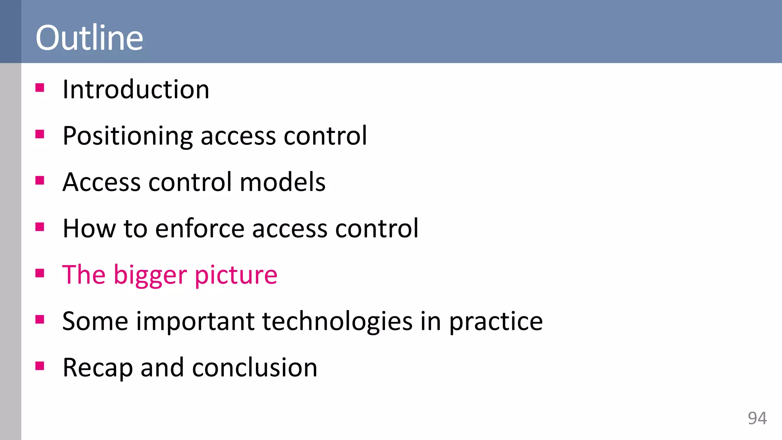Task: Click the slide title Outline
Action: [x=89, y=37]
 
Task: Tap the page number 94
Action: [x=757, y=418]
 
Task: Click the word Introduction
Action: [x=136, y=89]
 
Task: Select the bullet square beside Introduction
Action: [x=40, y=88]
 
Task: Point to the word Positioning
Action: [x=128, y=136]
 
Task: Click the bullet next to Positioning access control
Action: [x=40, y=134]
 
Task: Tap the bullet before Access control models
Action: [x=40, y=180]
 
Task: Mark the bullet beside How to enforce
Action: [x=40, y=227]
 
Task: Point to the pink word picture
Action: [x=236, y=275]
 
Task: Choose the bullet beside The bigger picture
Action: [x=40, y=273]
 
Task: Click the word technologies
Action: [x=337, y=321]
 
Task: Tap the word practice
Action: [x=496, y=321]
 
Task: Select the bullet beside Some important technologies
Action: [x=40, y=319]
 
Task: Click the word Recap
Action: [x=98, y=368]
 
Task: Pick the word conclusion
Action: [x=255, y=368]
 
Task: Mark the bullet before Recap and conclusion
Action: [x=40, y=366]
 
